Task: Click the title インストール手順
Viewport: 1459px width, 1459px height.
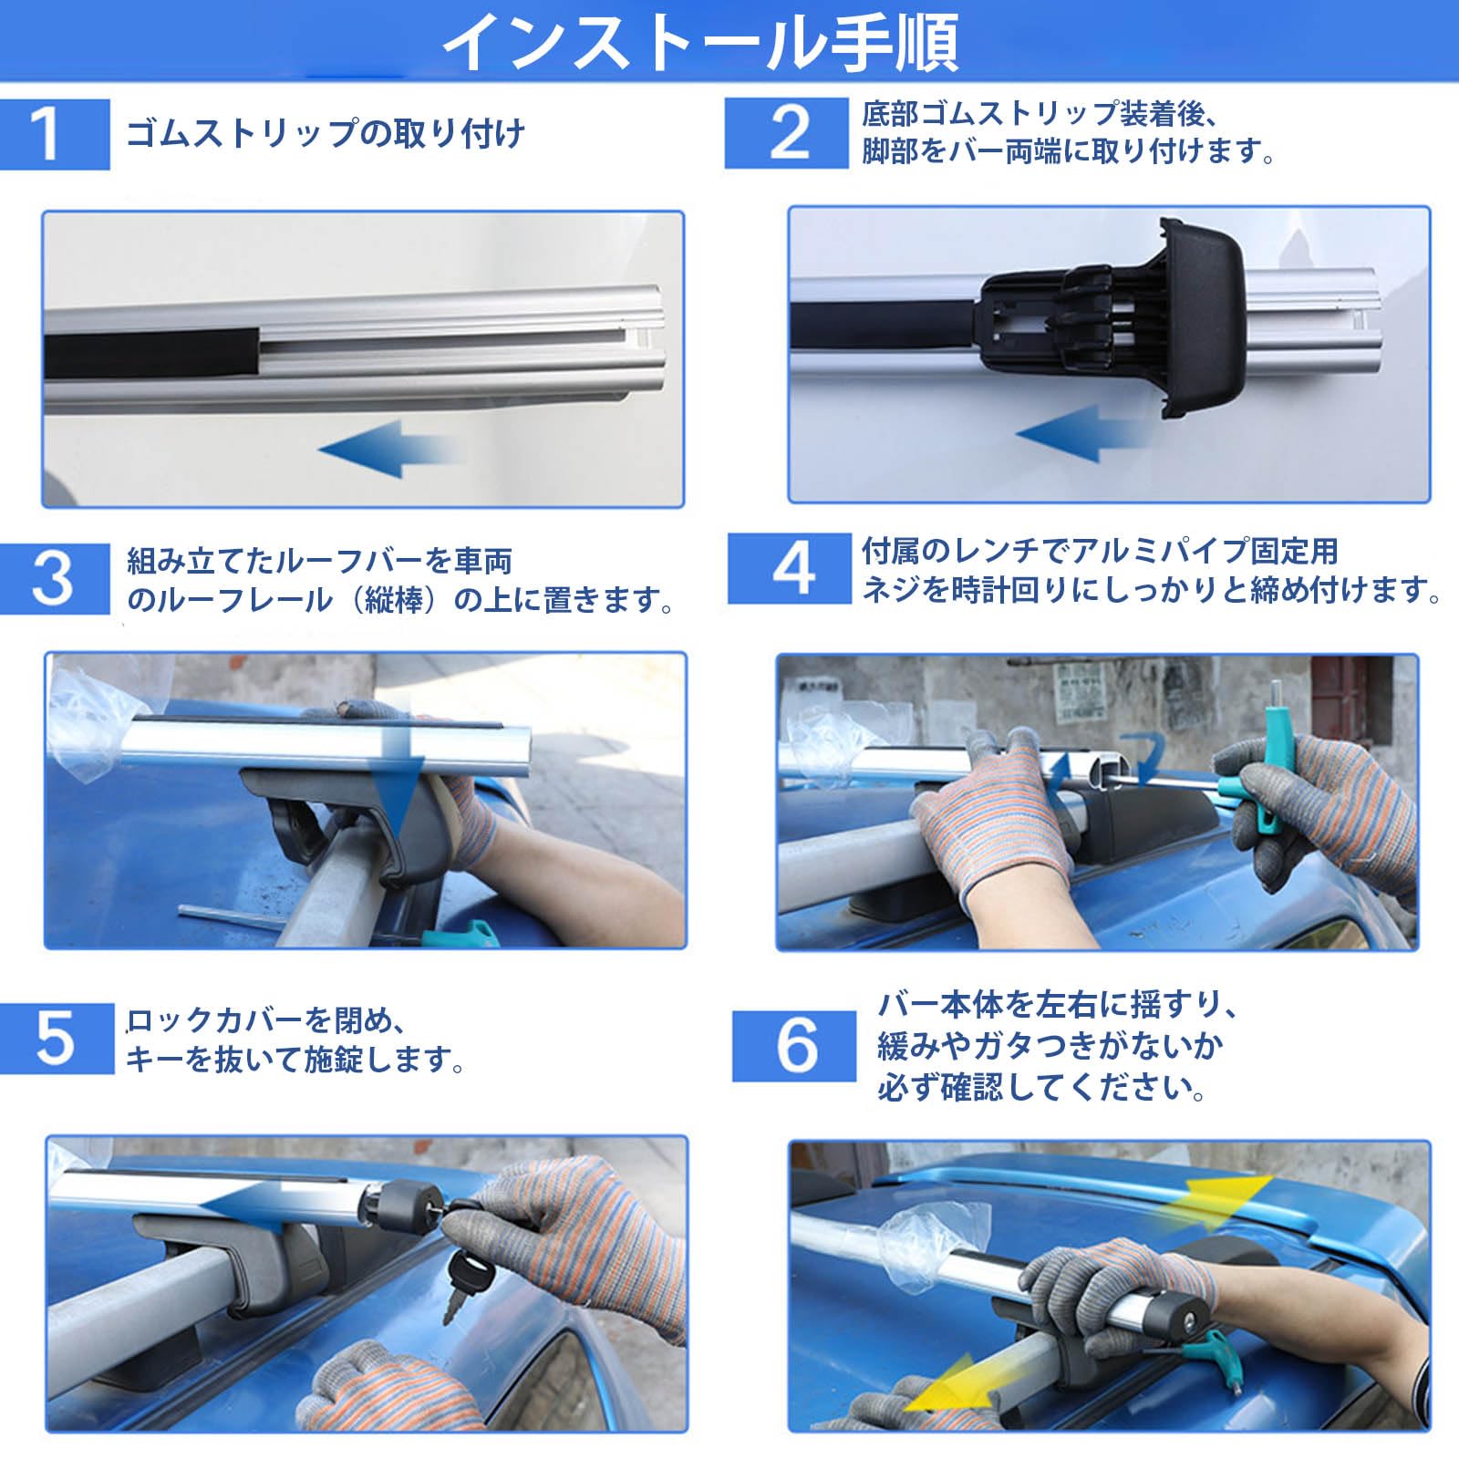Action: (700, 41)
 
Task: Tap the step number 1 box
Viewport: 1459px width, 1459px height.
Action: (55, 134)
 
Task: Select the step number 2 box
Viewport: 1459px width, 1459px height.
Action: (786, 133)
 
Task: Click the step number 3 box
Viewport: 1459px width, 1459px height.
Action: (55, 579)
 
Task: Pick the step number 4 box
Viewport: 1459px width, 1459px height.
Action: (790, 569)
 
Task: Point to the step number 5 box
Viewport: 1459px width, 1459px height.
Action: (57, 1039)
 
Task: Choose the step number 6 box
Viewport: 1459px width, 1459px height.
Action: (794, 1046)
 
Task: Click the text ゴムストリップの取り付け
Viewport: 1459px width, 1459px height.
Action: (326, 134)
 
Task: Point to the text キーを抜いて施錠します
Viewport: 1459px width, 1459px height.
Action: (295, 1060)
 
